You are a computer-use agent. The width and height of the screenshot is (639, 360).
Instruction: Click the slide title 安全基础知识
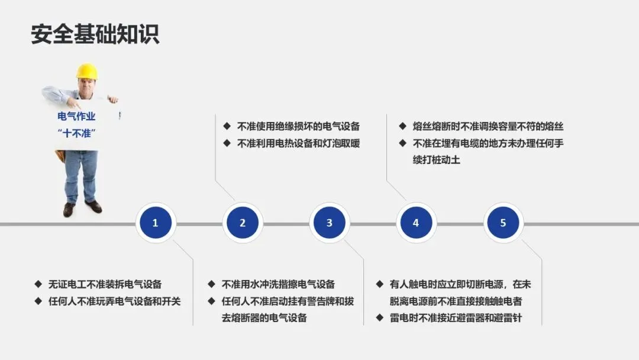point(95,34)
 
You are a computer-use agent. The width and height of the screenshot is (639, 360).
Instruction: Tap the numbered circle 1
point(155,223)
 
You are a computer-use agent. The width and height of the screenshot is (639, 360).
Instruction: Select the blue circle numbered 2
point(242,223)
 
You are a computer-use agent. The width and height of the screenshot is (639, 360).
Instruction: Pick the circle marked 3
point(329,223)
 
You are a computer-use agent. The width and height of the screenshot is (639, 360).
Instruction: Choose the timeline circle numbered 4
point(416,223)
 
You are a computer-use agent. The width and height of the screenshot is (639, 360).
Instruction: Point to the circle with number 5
point(503,223)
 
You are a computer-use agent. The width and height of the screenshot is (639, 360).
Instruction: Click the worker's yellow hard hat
point(87,71)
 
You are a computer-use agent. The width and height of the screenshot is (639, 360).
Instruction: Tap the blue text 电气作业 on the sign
point(76,117)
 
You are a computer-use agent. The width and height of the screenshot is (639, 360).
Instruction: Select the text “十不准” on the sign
point(77,133)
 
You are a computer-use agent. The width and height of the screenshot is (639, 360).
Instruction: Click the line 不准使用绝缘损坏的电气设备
point(298,126)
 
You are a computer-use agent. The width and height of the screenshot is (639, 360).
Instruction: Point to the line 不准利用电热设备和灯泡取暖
point(298,143)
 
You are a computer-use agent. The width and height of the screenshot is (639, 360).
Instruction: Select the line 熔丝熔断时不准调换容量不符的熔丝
point(488,126)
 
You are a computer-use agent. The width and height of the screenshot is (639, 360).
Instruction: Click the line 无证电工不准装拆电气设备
point(105,284)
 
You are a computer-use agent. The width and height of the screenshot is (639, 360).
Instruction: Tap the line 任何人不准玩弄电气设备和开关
point(114,301)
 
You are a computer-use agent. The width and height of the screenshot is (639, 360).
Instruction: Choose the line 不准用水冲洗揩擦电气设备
point(278,284)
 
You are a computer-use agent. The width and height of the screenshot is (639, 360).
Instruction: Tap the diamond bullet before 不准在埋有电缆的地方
point(402,143)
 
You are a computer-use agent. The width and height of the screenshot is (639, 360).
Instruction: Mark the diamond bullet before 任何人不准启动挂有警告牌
point(211,301)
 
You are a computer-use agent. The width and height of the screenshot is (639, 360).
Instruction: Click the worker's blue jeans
point(81,175)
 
